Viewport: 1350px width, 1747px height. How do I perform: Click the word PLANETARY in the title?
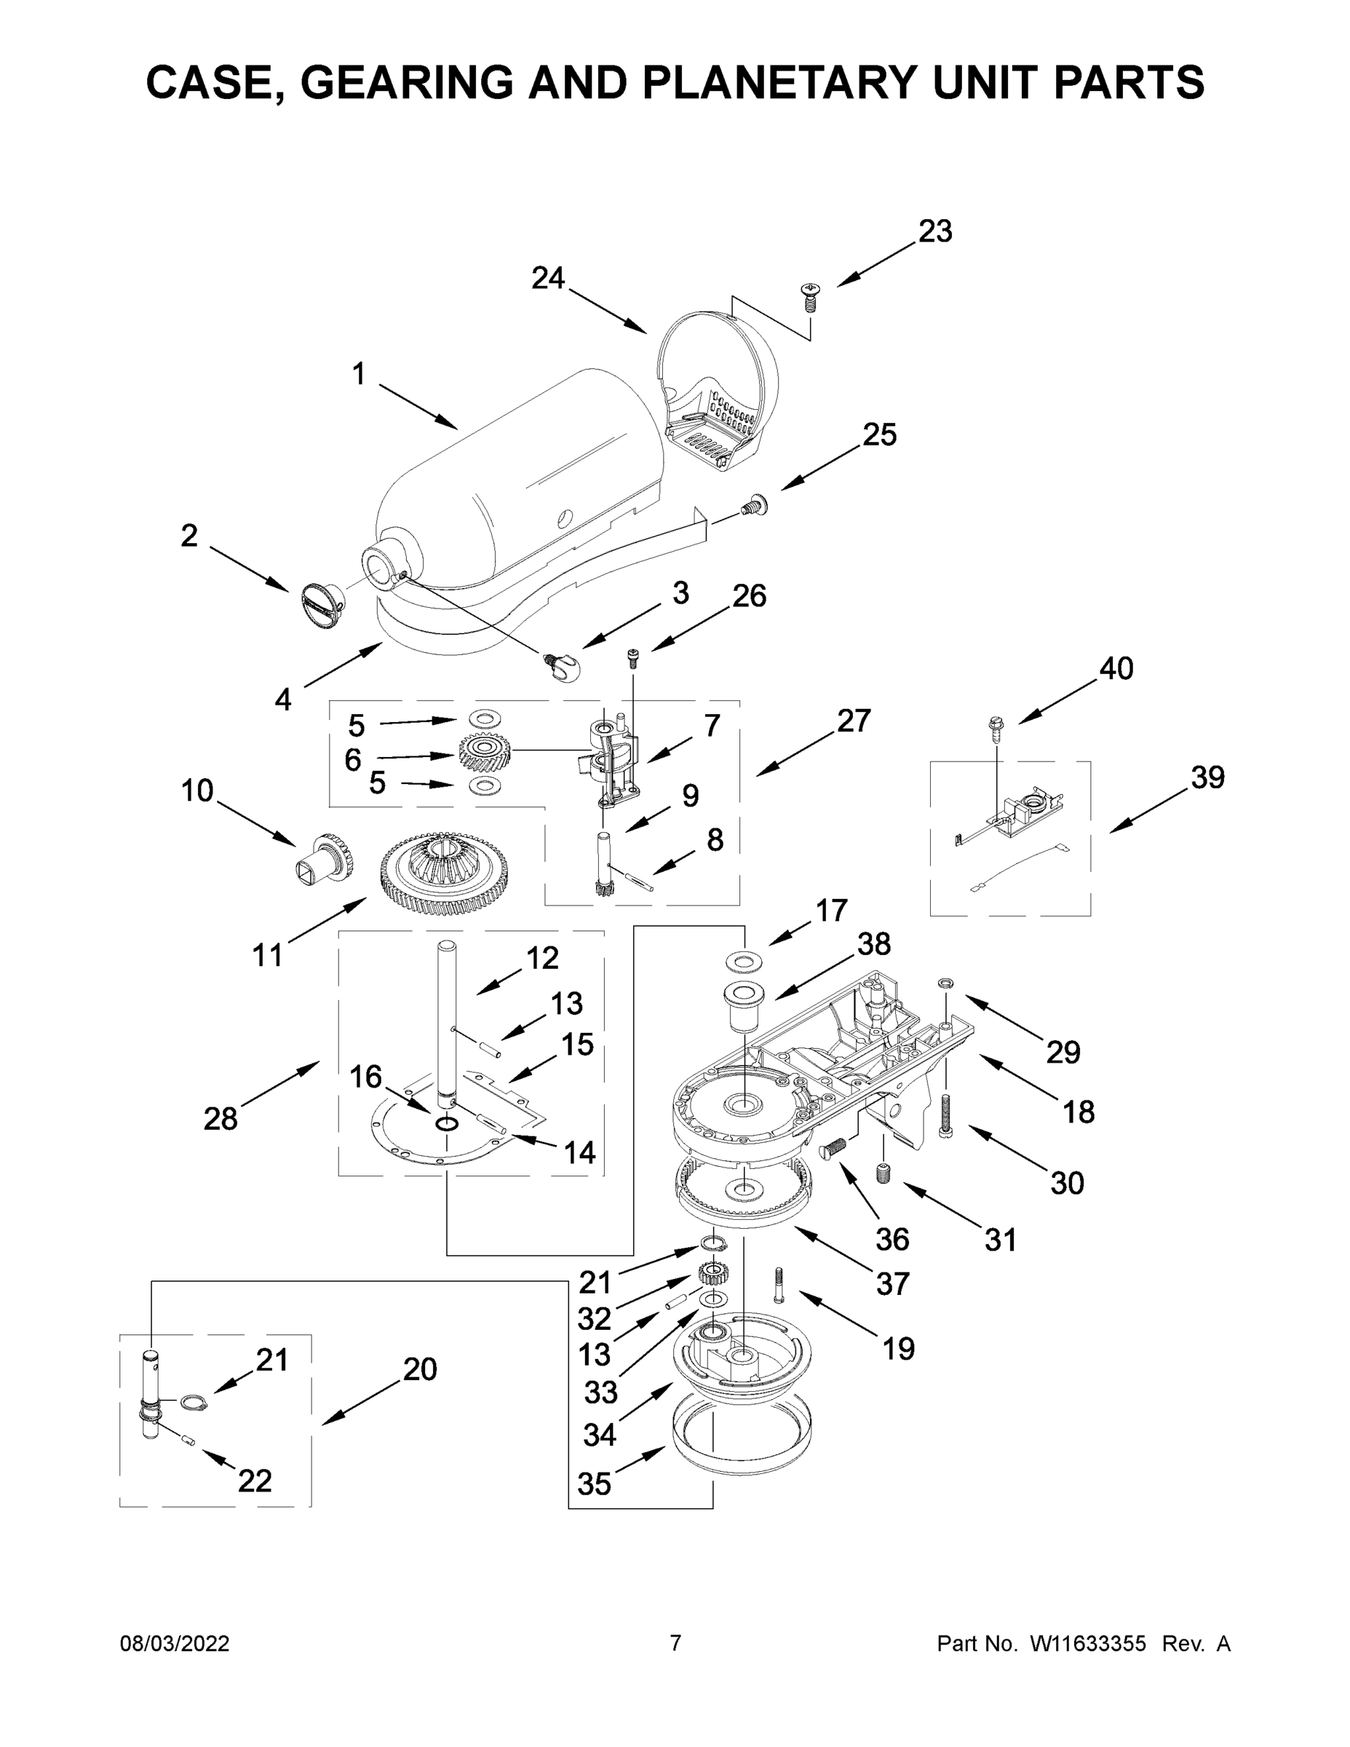tap(775, 82)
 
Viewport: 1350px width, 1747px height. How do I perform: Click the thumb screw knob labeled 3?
tap(566, 665)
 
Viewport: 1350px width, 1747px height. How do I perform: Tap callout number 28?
tap(220, 1118)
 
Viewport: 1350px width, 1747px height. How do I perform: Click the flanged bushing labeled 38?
tap(743, 1003)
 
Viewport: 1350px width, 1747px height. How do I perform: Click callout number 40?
tap(1116, 668)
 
